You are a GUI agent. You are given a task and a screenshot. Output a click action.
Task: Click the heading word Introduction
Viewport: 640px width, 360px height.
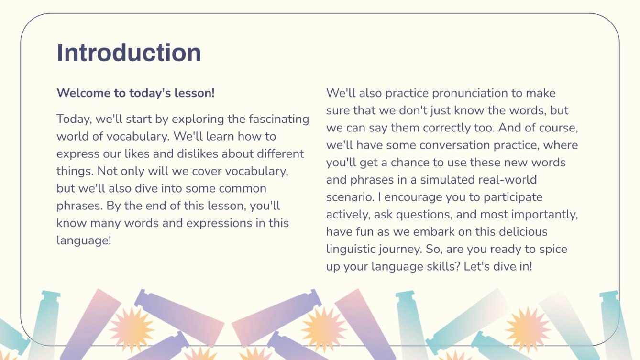point(129,53)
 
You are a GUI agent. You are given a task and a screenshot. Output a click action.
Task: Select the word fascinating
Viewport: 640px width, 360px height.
point(279,119)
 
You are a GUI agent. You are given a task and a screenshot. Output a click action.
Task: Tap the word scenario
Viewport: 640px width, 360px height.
point(350,197)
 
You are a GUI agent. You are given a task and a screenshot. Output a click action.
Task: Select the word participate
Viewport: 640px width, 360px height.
point(513,197)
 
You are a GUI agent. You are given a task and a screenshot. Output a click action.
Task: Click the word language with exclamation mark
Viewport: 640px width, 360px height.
point(84,241)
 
